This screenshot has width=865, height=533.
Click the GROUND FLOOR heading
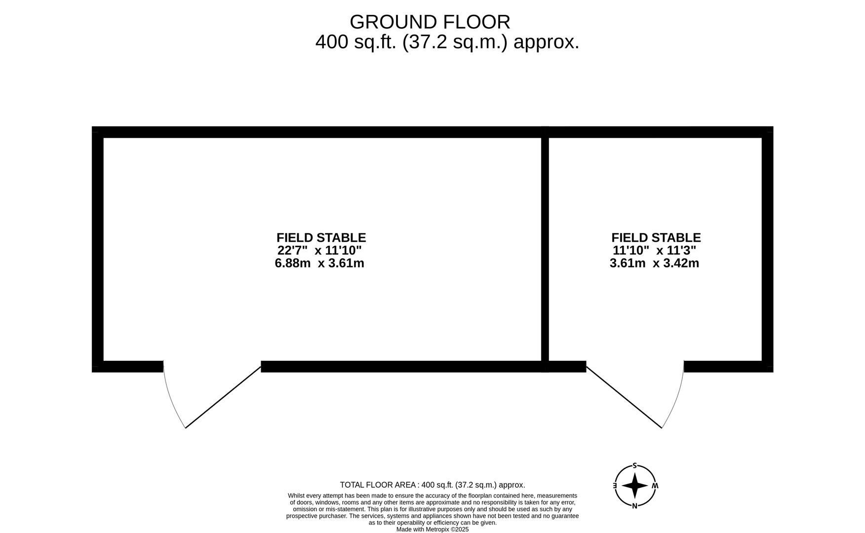430,22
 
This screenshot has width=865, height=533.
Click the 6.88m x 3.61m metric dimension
319,263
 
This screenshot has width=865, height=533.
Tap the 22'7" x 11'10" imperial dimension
319,250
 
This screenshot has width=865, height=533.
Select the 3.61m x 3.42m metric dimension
654,263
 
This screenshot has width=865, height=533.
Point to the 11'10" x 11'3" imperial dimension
654,250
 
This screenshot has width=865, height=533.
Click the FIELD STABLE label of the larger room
321,238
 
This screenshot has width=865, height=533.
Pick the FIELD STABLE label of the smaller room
656,238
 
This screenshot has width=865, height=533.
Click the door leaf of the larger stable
223,397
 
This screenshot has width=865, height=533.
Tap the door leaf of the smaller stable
624,397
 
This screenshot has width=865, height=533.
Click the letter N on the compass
634,505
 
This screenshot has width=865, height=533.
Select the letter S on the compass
634,465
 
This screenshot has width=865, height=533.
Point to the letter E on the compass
615,486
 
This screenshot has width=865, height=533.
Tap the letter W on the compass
655,486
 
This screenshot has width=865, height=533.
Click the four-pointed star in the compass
634,486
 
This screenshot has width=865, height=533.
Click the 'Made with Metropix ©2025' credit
432,530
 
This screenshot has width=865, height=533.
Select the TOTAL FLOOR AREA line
432,485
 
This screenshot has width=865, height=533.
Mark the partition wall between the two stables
545,247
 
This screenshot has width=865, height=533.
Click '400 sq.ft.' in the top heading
356,42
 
